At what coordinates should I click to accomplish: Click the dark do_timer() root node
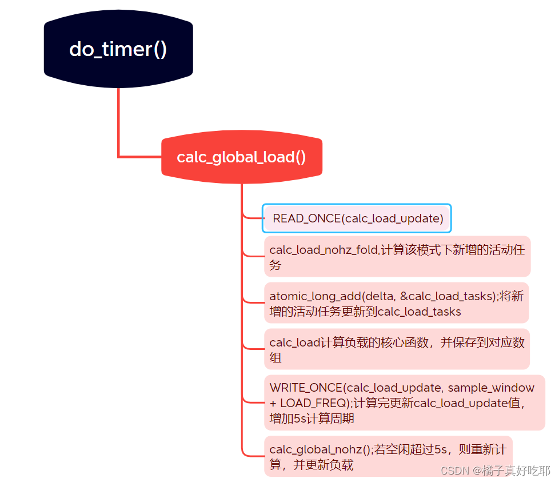click(118, 49)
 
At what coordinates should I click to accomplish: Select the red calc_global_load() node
click(241, 158)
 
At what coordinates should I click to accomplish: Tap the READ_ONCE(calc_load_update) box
click(357, 218)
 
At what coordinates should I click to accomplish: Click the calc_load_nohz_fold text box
click(397, 257)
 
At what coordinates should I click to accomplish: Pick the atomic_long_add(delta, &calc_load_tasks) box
click(396, 303)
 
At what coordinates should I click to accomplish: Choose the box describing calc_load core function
click(397, 349)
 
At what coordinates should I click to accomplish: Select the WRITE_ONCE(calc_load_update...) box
click(404, 403)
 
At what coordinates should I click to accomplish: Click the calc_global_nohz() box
click(388, 456)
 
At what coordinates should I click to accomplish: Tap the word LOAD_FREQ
click(312, 403)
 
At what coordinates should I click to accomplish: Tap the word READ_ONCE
click(306, 218)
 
